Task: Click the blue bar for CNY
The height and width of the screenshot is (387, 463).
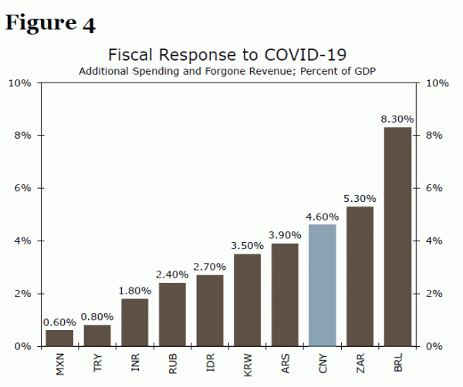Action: pos(323,285)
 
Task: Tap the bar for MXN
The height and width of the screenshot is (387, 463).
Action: pos(59,338)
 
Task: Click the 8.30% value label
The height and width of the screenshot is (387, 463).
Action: pos(397,119)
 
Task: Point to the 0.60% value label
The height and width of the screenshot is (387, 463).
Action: pos(59,322)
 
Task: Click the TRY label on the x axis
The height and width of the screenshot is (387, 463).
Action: pos(98,363)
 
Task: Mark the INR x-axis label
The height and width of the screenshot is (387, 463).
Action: pos(135,363)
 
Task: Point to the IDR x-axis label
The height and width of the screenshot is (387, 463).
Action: pos(210,363)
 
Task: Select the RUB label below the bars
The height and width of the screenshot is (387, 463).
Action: pos(173,363)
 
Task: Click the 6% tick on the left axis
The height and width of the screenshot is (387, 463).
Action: pos(20,188)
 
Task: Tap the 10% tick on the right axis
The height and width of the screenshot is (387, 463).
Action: pos(437,82)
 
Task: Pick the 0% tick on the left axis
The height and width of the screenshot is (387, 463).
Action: pos(22,346)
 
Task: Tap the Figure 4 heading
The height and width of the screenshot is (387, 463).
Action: pos(51,23)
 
